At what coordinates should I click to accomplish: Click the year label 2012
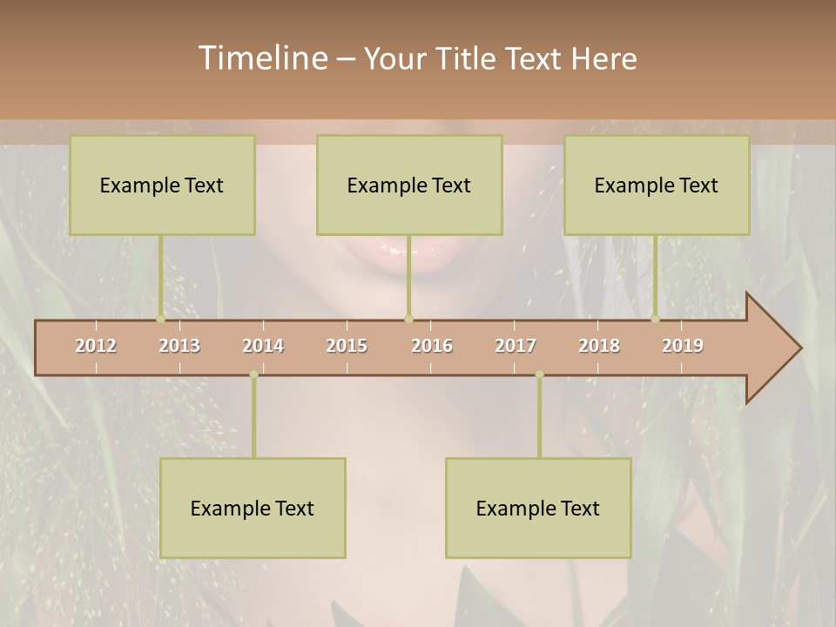click(x=96, y=346)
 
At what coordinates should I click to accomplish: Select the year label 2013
click(x=179, y=346)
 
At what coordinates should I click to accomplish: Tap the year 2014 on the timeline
click(x=263, y=346)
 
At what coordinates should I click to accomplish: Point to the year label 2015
click(x=347, y=346)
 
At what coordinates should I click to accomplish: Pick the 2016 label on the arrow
click(x=432, y=346)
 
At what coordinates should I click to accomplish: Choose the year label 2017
click(x=516, y=346)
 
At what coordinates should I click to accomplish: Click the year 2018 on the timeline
click(x=599, y=346)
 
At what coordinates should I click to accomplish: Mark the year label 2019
click(x=683, y=346)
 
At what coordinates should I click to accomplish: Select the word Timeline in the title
click(x=261, y=58)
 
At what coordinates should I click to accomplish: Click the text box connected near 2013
click(x=162, y=185)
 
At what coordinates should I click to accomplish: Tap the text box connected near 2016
click(x=409, y=185)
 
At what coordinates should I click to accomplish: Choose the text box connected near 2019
click(x=657, y=185)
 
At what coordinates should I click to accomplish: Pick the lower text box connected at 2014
click(x=253, y=508)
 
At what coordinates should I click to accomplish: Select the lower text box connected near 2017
click(x=538, y=508)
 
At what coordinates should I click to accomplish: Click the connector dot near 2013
click(x=160, y=319)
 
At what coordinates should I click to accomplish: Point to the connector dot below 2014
click(x=253, y=374)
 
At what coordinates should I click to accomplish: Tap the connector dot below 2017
click(x=539, y=374)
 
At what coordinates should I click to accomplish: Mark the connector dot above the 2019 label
click(x=655, y=319)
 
